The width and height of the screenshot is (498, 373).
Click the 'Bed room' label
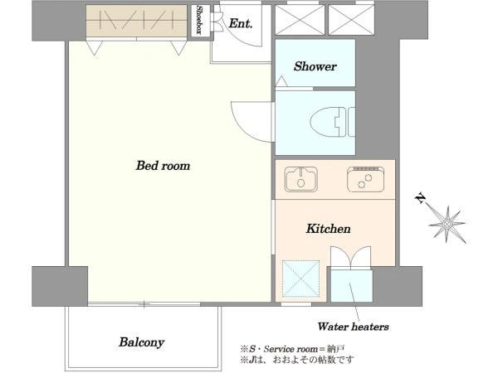[163, 166]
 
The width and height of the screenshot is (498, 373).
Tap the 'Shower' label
[315, 66]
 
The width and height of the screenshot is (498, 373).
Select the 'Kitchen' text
[329, 229]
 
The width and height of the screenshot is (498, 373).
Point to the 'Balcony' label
[142, 342]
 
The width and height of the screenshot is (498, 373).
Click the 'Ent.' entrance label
[241, 23]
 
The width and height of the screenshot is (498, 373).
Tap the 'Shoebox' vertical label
[199, 20]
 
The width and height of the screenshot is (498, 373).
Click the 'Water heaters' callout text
[354, 327]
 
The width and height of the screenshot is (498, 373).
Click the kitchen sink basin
[300, 179]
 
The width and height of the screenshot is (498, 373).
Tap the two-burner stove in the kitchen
[365, 179]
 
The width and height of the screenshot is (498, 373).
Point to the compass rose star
[447, 225]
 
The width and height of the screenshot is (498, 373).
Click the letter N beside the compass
[420, 198]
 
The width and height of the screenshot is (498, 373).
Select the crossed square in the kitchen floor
[300, 279]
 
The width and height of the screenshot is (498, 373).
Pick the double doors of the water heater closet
[350, 258]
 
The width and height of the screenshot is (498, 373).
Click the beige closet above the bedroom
[136, 21]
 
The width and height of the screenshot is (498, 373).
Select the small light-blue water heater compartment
[351, 286]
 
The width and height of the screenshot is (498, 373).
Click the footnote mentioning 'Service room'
[292, 349]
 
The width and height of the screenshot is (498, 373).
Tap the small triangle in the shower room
[281, 81]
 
